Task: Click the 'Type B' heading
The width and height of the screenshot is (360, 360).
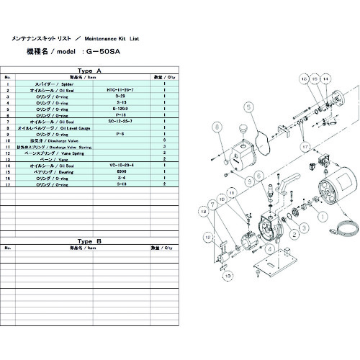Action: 90,240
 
